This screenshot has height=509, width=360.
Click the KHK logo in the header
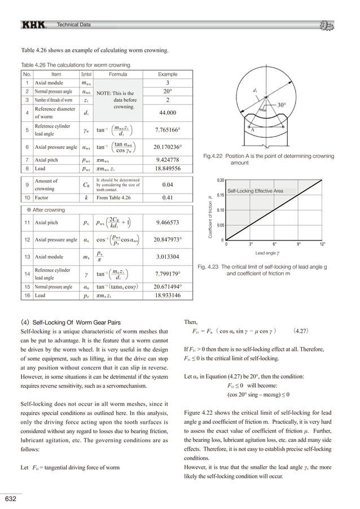(35, 25)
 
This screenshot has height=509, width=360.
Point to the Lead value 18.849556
(168, 168)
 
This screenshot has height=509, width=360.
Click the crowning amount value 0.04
(168, 185)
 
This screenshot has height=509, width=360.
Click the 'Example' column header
(168, 74)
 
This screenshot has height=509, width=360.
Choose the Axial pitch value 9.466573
(168, 222)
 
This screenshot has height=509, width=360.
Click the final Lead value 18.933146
(168, 295)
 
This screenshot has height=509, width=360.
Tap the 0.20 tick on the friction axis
(221, 180)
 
